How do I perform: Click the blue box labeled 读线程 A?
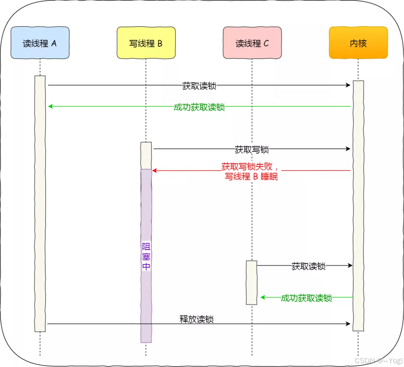click(x=40, y=43)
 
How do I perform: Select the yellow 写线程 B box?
click(x=146, y=43)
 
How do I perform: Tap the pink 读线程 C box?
click(x=252, y=43)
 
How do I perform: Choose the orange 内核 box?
click(x=358, y=43)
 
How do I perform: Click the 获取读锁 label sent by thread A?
click(x=199, y=86)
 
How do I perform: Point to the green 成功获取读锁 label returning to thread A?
click(x=199, y=107)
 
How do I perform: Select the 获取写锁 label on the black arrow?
click(x=252, y=149)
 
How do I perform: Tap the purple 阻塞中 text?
click(x=146, y=256)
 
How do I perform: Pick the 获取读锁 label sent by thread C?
click(x=309, y=266)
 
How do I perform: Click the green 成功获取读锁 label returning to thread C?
click(x=306, y=298)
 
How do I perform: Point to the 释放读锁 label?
click(x=196, y=319)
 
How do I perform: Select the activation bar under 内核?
click(x=358, y=206)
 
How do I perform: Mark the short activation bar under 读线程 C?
click(x=252, y=283)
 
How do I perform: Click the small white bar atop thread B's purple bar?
click(x=146, y=155)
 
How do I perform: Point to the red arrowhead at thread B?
click(x=154, y=171)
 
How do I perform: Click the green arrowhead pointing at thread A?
click(x=50, y=107)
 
